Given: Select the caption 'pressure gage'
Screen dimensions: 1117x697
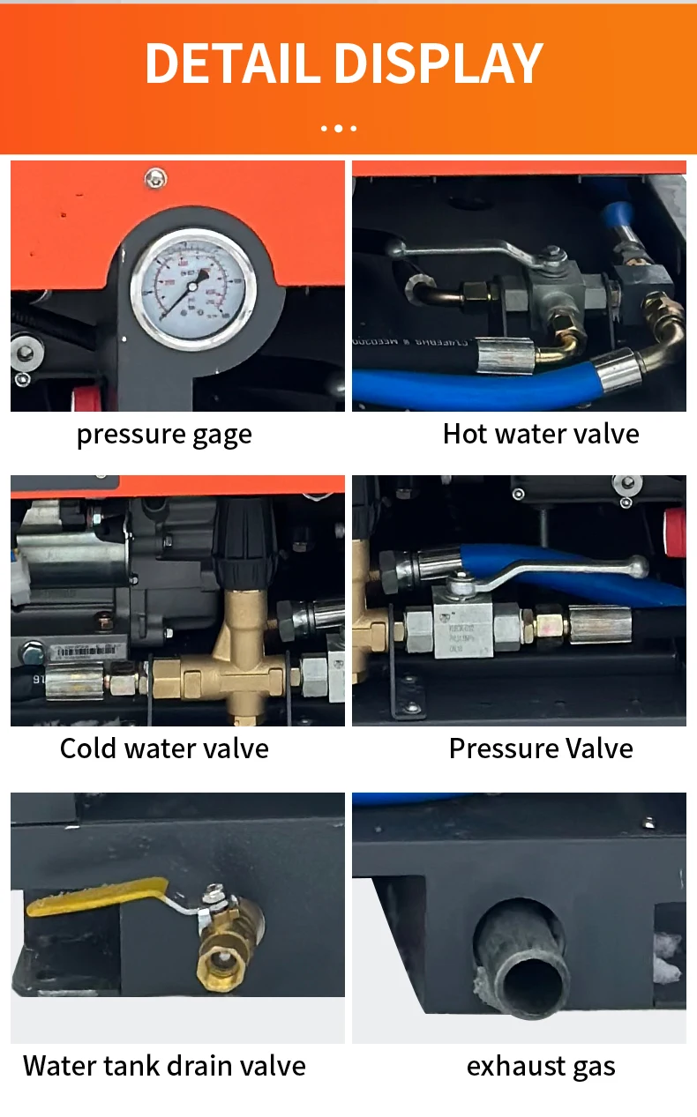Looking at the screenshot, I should (x=164, y=434).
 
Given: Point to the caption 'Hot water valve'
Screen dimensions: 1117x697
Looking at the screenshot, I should (x=541, y=434).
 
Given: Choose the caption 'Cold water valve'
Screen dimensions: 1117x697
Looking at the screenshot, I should (x=164, y=748).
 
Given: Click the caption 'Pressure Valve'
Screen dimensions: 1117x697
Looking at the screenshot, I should (x=541, y=748).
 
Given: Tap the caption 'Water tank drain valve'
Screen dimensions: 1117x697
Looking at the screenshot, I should (x=164, y=1066).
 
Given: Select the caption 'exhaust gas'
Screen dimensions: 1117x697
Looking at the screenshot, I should (x=541, y=1066).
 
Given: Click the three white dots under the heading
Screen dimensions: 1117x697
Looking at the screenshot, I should (x=339, y=128).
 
